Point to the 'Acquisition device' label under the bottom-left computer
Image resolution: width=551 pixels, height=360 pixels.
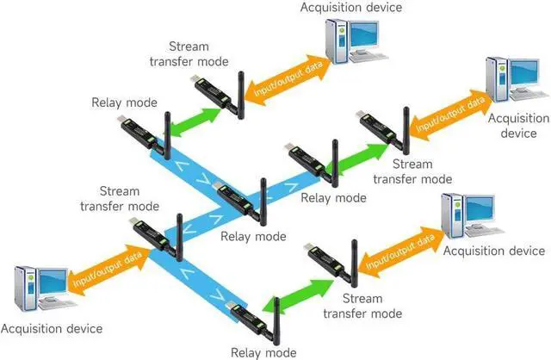tap(52, 329)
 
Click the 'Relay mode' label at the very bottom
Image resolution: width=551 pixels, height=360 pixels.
tap(263, 351)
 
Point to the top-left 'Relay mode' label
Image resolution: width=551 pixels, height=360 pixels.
tap(124, 102)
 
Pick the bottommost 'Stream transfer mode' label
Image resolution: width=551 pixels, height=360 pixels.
tap(362, 306)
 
